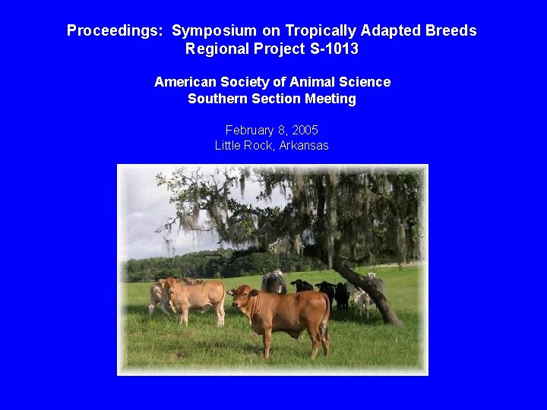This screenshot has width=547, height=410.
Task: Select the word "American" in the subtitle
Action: click(x=185, y=82)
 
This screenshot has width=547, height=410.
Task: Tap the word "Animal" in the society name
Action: click(x=299, y=82)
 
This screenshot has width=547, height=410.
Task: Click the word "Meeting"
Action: click(x=330, y=99)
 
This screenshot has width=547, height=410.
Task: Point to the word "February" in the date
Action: click(x=251, y=131)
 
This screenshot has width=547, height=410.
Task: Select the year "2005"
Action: click(x=305, y=131)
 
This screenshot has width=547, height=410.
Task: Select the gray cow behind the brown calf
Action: click(x=274, y=282)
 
